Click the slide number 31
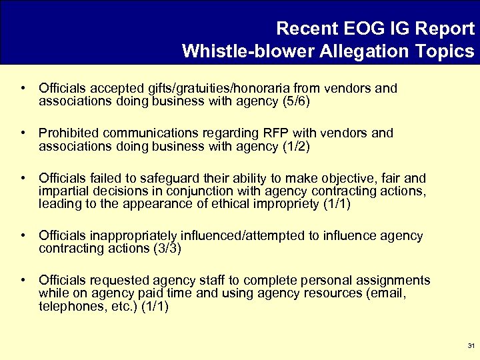[x=471, y=346]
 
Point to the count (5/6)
[x=296, y=101]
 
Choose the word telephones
[x=69, y=306]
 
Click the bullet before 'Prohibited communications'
[x=23, y=133]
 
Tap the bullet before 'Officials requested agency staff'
[x=23, y=280]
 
